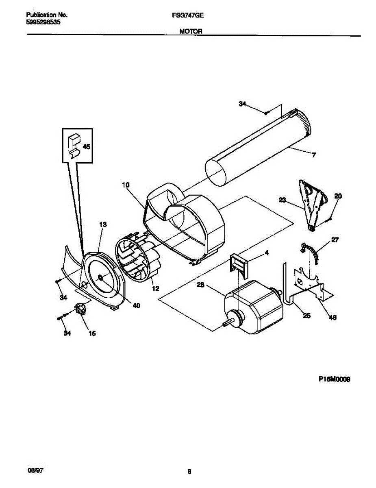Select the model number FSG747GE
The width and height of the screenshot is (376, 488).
(188, 15)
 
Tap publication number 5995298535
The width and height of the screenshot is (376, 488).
(44, 23)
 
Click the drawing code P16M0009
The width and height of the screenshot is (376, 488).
(335, 379)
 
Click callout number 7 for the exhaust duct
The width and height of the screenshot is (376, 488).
(314, 155)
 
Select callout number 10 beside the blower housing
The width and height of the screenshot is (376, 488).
(126, 185)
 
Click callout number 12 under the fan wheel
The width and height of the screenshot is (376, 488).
(155, 289)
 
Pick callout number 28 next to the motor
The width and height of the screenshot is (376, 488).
(200, 285)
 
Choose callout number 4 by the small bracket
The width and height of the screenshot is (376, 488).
(266, 253)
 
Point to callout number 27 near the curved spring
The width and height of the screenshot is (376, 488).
(335, 240)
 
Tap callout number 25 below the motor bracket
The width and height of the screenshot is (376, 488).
(307, 316)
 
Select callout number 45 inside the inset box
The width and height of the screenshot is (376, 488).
(86, 147)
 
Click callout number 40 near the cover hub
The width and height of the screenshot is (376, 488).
(136, 305)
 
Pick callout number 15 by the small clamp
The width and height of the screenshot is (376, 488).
(92, 333)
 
